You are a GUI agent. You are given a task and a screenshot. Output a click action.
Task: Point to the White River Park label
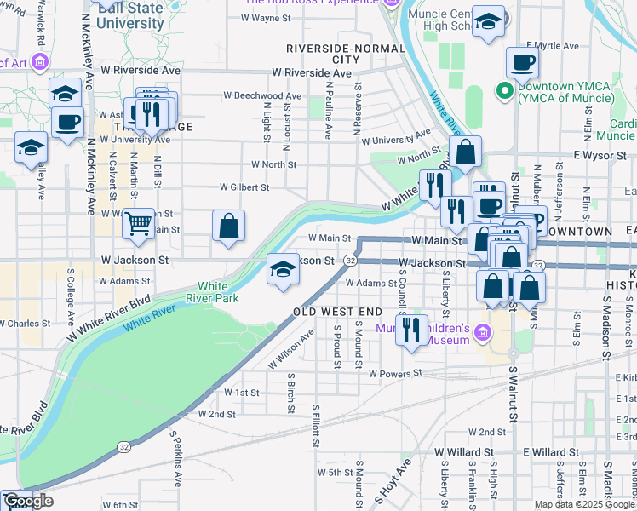click(x=218, y=292)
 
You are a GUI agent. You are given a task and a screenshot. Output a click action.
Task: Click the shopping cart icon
click(x=137, y=225)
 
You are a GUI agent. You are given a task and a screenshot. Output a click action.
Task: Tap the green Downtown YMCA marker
click(x=504, y=89)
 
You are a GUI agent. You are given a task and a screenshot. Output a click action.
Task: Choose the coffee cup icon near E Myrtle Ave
click(x=522, y=63)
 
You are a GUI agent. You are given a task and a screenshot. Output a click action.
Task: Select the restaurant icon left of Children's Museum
click(x=412, y=329)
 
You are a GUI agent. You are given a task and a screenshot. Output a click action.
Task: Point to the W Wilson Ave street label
click(x=290, y=349)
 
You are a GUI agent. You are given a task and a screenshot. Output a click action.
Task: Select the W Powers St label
click(x=395, y=373)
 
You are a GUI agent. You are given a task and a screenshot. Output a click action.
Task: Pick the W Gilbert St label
click(x=244, y=187)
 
